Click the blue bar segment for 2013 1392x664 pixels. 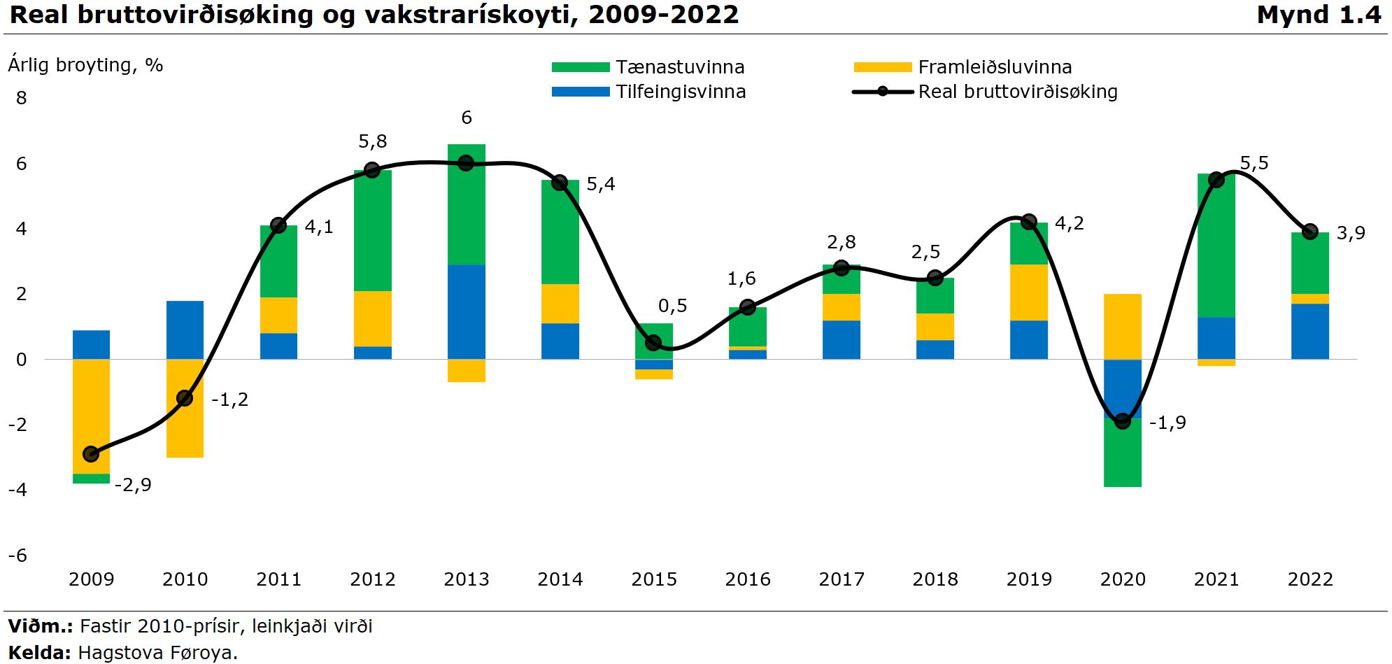click(467, 311)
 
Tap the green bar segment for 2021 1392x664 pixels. click(1216, 246)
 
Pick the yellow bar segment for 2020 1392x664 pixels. click(1123, 326)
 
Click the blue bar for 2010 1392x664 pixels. click(185, 330)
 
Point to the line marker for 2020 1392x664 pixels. click(1123, 421)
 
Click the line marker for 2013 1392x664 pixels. click(467, 163)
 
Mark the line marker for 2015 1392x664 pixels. click(653, 343)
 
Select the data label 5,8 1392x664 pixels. click(372, 141)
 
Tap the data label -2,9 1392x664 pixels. click(133, 485)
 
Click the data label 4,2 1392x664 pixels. click(1069, 223)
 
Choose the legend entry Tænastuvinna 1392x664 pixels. click(679, 67)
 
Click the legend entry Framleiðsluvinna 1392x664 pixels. click(994, 67)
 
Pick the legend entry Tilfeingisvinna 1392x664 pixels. click(680, 92)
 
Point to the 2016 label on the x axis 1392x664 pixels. click(748, 579)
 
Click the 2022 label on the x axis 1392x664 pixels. click(1310, 579)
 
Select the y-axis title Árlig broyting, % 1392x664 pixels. click(85, 65)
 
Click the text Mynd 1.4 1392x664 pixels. click(1319, 15)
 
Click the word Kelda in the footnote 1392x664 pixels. click(39, 653)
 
